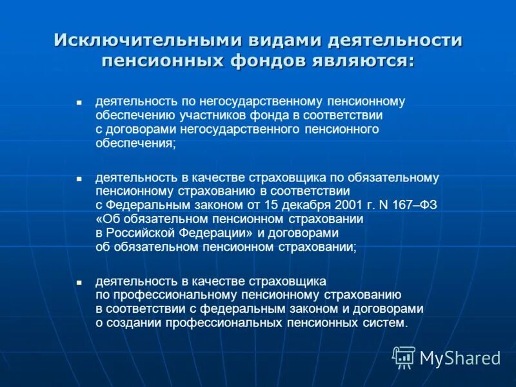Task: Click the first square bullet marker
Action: [x=79, y=103]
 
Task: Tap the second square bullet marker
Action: [x=79, y=177]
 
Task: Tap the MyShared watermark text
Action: [x=461, y=358]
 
